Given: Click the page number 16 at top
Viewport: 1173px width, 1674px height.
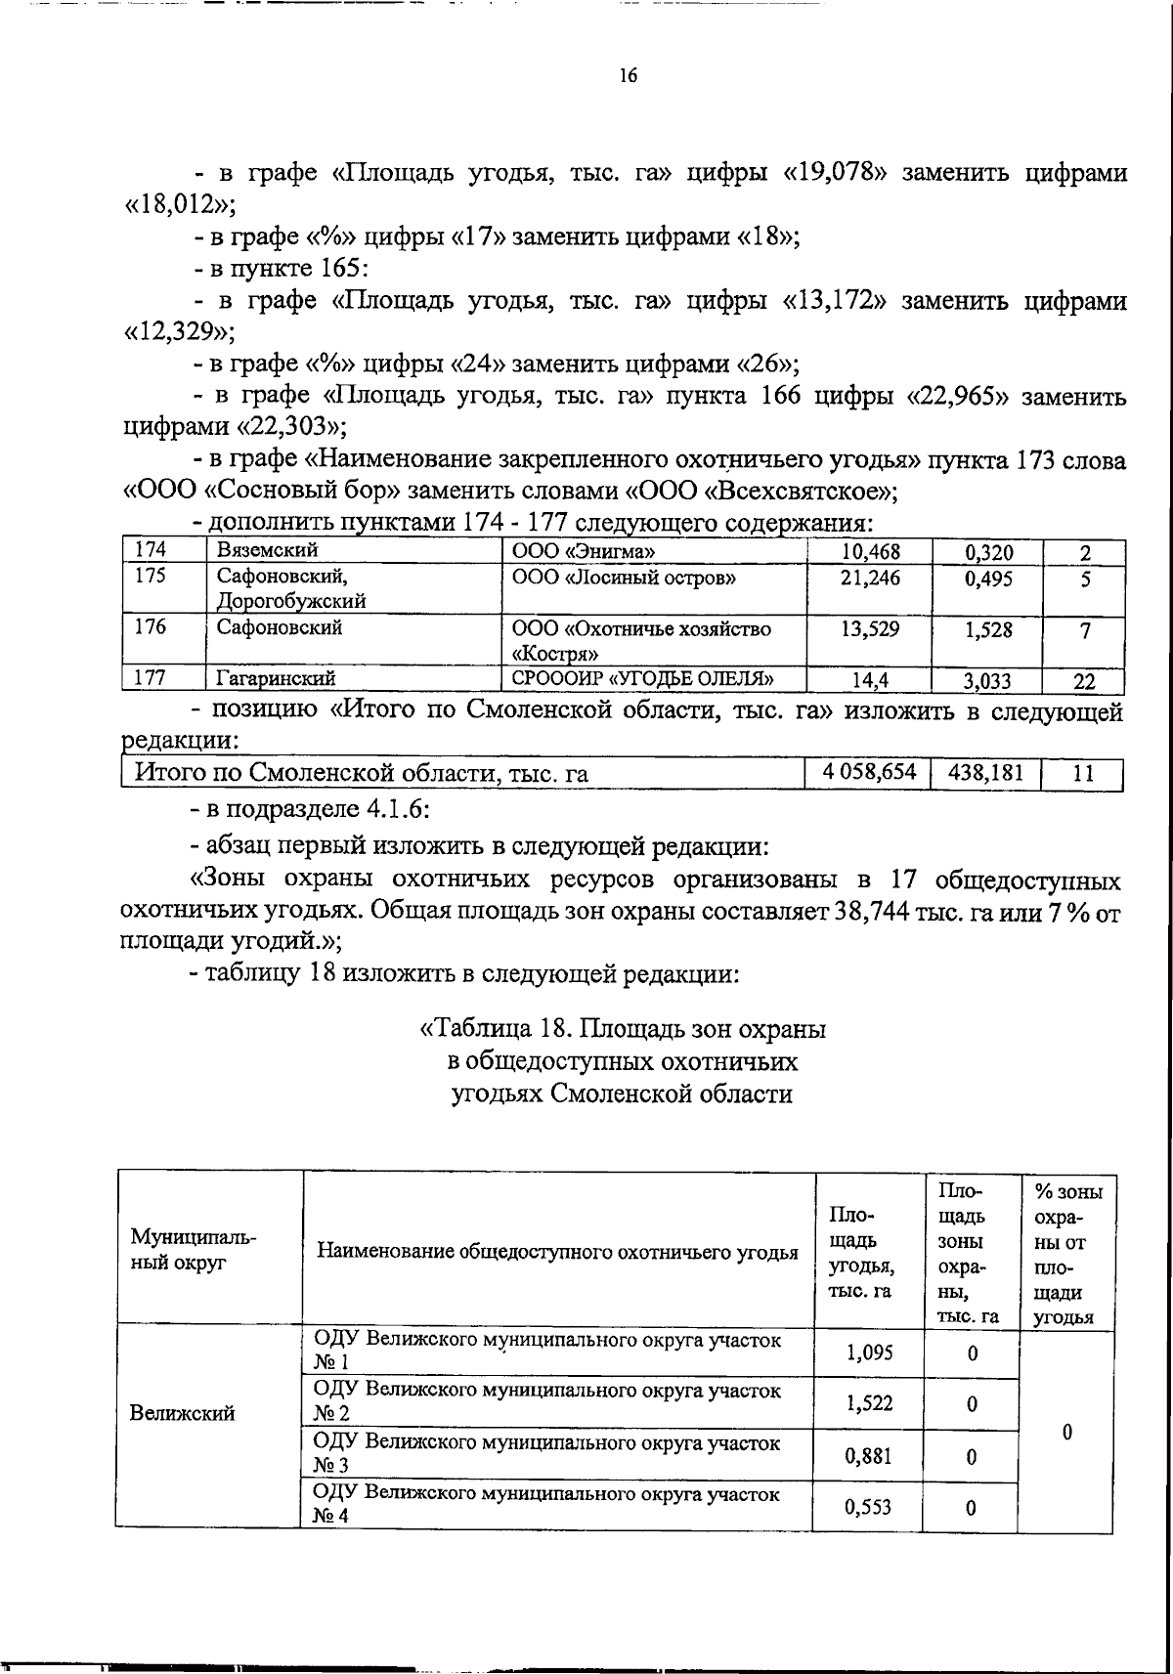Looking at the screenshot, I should [628, 75].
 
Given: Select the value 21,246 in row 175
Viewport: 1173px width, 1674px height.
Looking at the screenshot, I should [870, 579].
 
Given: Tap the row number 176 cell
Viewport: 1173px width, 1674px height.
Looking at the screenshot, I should [151, 627].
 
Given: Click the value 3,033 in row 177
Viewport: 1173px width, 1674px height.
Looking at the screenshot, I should [987, 681].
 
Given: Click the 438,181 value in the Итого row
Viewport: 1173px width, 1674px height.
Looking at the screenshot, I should [985, 773].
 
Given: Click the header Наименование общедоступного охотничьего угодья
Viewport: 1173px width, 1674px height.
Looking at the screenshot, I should [557, 1252].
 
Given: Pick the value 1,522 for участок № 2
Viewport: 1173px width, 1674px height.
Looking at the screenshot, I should [869, 1403].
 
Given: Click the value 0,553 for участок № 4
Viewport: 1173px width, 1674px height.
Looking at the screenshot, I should [869, 1507].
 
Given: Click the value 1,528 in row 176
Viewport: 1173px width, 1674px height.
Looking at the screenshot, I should [987, 631].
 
